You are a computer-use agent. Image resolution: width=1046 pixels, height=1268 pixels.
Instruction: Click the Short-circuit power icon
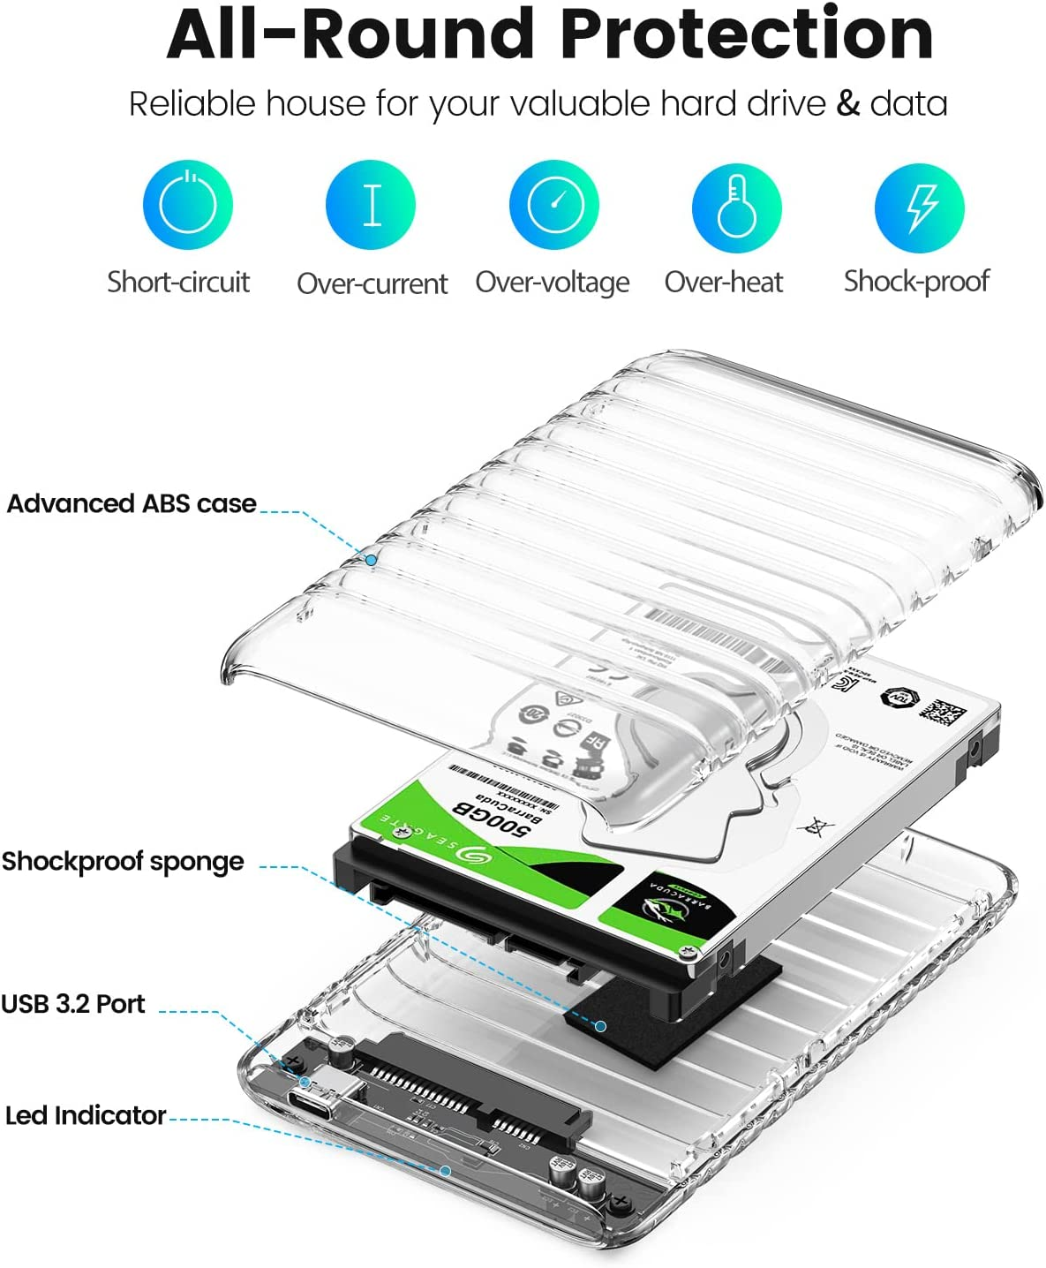(x=187, y=205)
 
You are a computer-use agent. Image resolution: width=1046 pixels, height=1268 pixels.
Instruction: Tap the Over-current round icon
(x=371, y=205)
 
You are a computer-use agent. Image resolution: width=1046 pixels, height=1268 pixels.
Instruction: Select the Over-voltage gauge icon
(x=553, y=205)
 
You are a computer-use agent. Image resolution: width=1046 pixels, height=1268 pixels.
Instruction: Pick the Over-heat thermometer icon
(x=736, y=207)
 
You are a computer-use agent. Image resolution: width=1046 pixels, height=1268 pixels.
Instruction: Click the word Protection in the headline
(x=747, y=35)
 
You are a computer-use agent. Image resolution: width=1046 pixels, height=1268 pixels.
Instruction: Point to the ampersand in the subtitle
(x=848, y=104)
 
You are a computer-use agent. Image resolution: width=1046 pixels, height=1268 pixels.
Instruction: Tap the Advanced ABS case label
(x=132, y=503)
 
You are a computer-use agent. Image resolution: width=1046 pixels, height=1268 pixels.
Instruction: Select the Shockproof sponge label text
(x=123, y=861)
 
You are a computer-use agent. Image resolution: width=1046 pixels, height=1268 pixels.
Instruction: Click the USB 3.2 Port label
(x=73, y=1004)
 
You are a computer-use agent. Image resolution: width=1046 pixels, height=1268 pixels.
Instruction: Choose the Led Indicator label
(x=86, y=1115)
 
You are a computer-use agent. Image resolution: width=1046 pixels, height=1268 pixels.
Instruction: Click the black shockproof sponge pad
(x=671, y=1015)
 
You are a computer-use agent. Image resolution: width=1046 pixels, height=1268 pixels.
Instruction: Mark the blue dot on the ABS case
(x=372, y=560)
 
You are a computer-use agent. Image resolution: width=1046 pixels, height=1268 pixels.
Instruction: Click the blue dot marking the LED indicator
(x=446, y=1171)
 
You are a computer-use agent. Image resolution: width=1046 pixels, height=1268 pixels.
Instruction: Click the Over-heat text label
(x=724, y=283)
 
